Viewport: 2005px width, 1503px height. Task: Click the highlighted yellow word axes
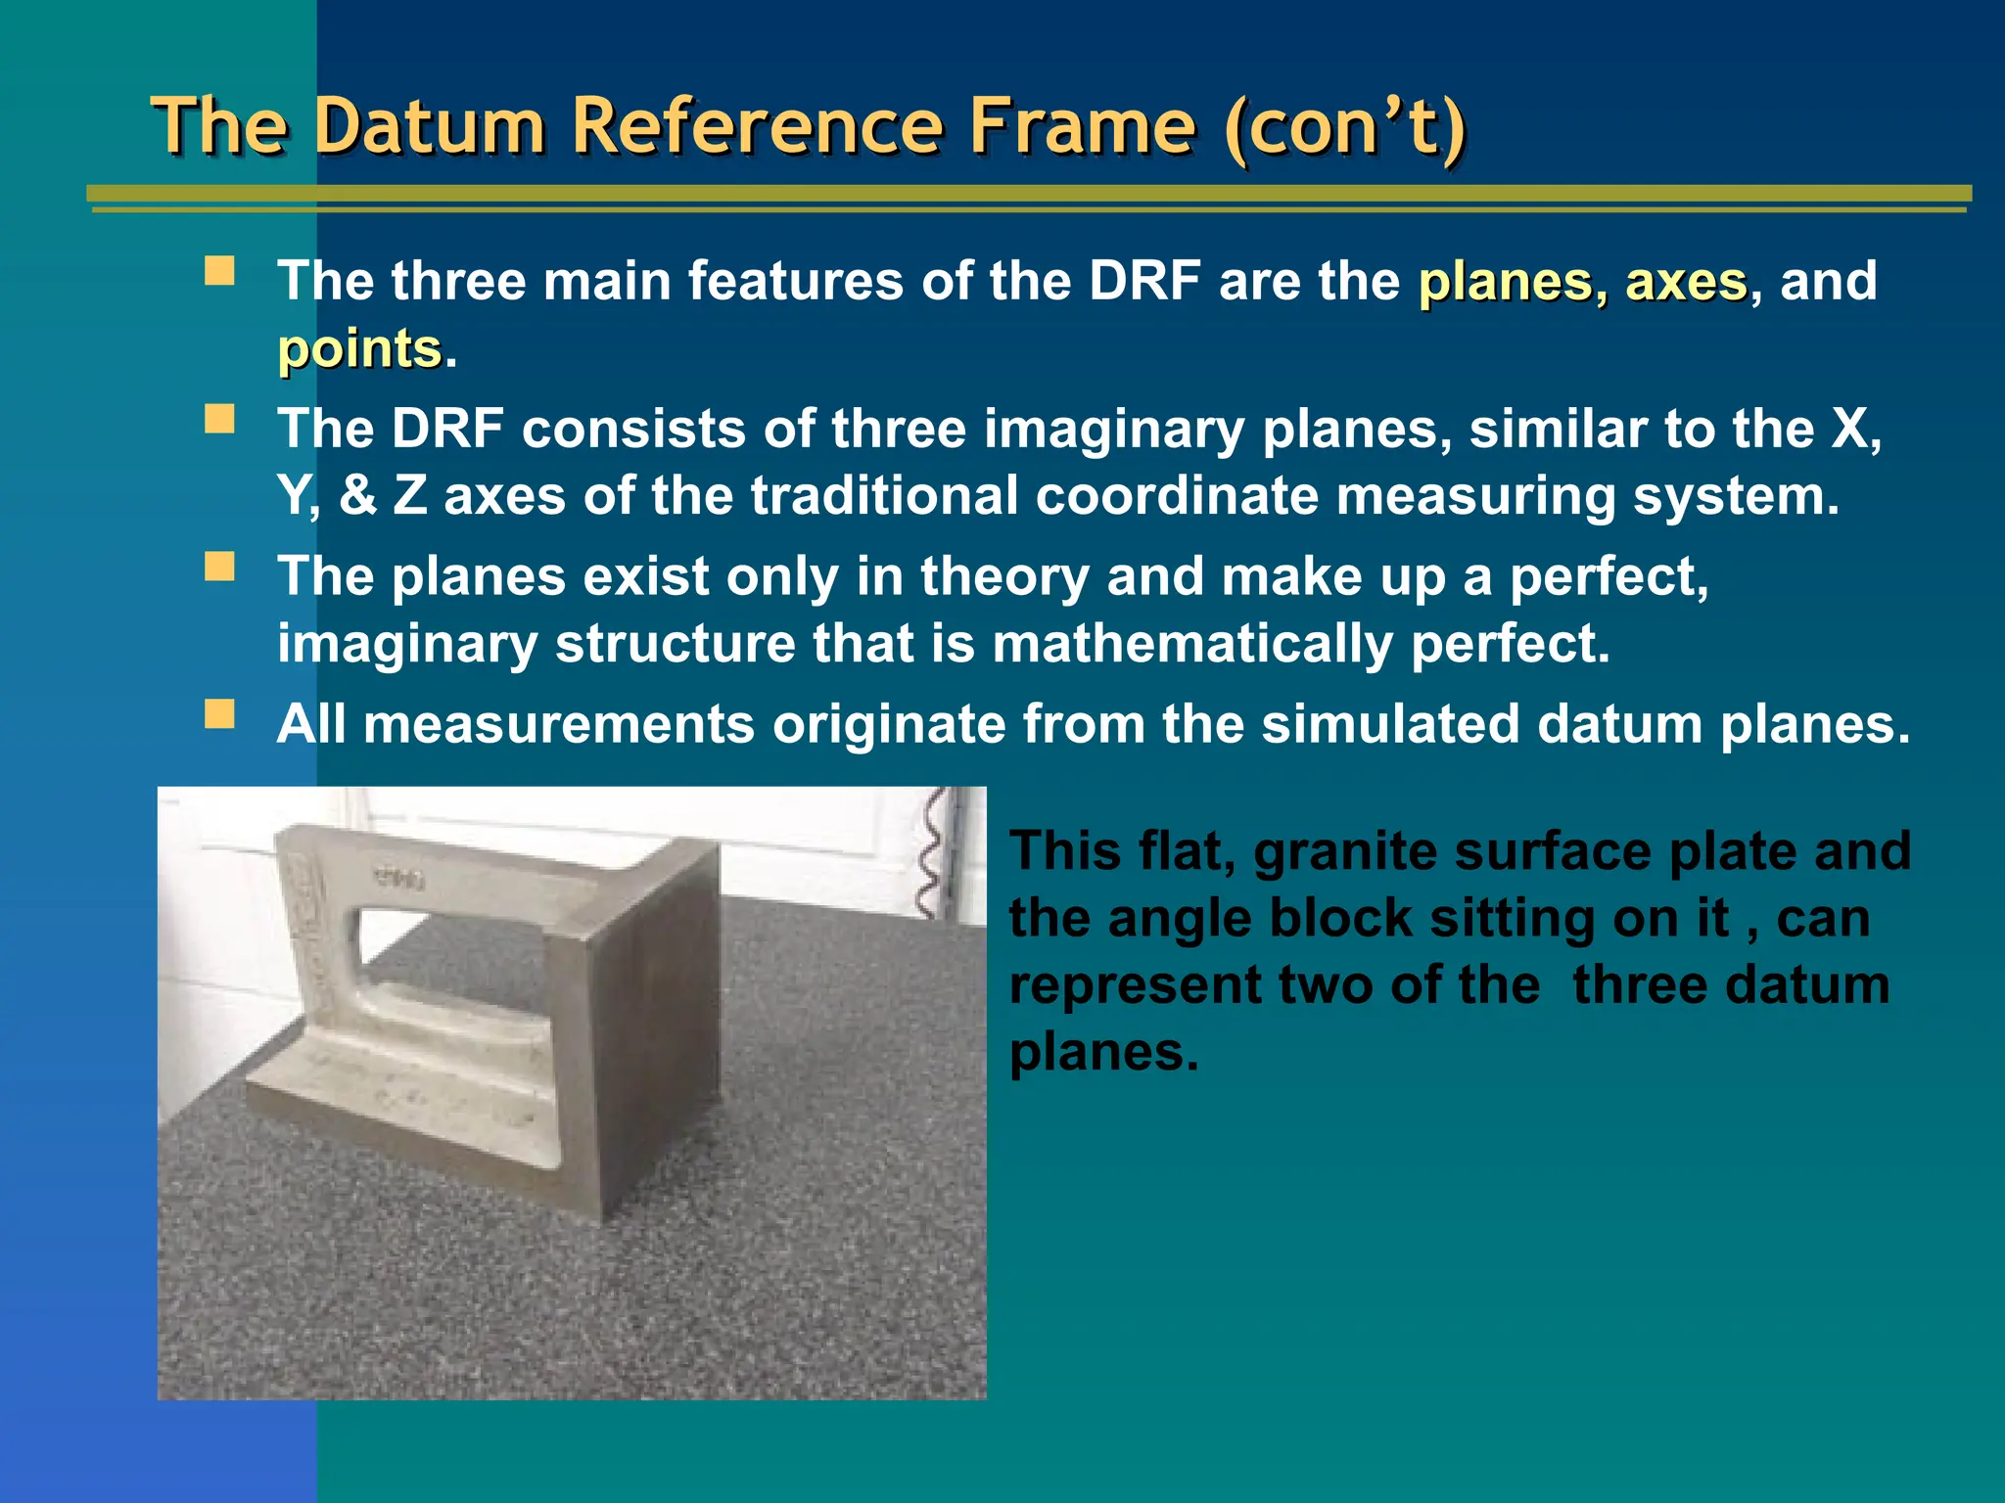click(1686, 282)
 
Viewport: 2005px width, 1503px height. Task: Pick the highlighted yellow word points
click(359, 349)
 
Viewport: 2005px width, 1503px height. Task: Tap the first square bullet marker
click(219, 270)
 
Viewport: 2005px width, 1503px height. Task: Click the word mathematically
click(1192, 644)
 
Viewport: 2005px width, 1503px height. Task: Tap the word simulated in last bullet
click(1390, 725)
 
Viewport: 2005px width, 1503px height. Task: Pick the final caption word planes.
click(1103, 1052)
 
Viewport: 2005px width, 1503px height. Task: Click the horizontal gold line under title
click(1028, 194)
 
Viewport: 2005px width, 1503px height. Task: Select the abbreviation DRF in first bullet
click(1144, 282)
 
